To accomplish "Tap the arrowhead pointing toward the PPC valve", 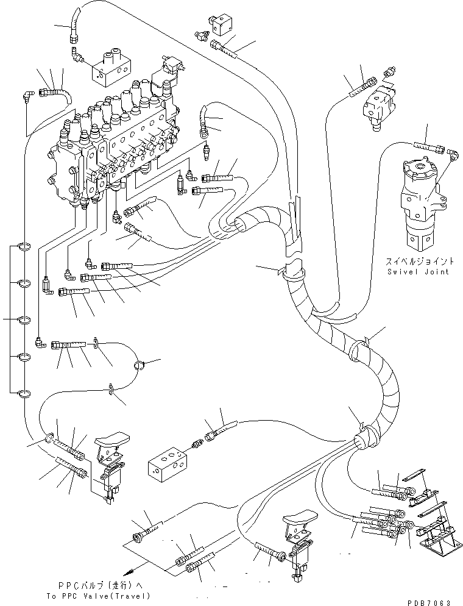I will (x=129, y=572).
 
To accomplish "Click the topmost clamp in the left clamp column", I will (x=24, y=247).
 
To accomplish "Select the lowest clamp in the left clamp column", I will (x=24, y=394).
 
